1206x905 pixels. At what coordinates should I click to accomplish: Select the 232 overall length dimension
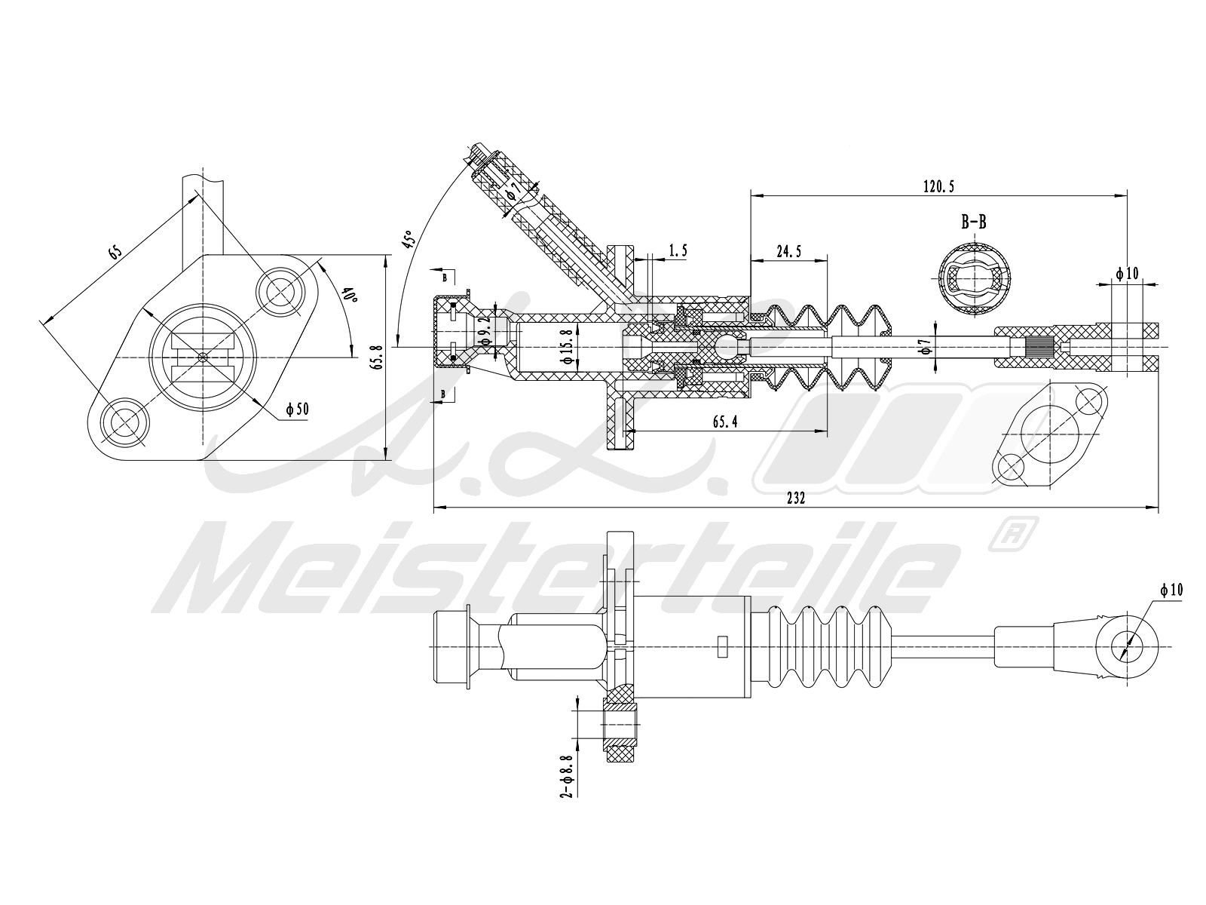coord(796,498)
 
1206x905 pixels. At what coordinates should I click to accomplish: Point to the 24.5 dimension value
coord(788,253)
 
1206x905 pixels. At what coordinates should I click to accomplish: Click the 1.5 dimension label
coord(677,250)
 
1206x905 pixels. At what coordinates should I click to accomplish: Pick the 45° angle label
coord(409,239)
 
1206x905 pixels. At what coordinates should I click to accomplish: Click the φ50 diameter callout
coord(297,410)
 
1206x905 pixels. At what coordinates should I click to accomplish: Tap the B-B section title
coord(973,222)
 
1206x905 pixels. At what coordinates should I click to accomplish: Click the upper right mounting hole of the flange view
coord(283,290)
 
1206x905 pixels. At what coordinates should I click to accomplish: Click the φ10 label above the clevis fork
coord(1127,273)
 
